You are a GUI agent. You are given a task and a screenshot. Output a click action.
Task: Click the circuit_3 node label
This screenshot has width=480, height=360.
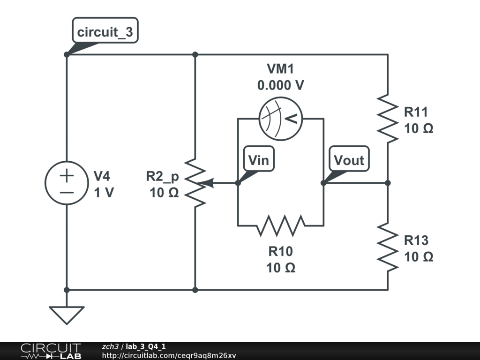pos(105,32)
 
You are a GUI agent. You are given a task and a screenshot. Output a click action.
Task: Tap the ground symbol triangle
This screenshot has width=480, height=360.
pos(67,315)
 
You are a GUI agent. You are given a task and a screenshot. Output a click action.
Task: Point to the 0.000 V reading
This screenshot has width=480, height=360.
pos(280,86)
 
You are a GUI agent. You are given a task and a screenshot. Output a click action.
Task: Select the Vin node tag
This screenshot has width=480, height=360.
pos(258,160)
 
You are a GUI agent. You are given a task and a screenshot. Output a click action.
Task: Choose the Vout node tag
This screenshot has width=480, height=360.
pos(349,160)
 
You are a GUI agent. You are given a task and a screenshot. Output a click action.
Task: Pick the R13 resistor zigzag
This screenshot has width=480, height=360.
pos(388,247)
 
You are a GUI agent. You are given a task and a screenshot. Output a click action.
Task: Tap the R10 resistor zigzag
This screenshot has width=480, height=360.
pos(280,225)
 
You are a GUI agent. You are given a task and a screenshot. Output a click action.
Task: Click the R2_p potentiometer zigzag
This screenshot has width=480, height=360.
pos(195,183)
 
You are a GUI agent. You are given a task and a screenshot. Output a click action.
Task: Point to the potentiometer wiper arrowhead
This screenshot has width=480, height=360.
pos(210,183)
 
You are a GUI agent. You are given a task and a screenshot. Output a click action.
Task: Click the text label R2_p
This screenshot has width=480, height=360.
pos(162,176)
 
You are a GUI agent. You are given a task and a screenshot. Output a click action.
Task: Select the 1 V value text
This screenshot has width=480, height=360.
pos(104,192)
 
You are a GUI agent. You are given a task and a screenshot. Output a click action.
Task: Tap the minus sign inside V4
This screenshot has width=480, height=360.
pos(67,192)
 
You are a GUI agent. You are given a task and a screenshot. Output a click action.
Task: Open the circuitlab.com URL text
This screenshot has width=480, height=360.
pos(169,355)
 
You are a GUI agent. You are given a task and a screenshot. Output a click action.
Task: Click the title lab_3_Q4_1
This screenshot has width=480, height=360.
pos(145,346)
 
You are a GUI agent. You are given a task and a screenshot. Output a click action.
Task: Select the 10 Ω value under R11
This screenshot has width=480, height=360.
pos(419,128)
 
